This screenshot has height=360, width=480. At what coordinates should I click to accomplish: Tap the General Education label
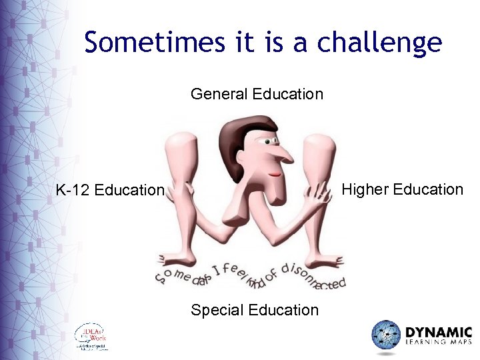pos(257,94)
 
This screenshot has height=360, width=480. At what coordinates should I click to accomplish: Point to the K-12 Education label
pos(110,191)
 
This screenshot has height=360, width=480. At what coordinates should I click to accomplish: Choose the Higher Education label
pos(402,189)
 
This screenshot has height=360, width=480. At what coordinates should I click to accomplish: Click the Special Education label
pos(255,310)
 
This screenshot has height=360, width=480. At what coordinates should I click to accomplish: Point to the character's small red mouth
pos(273,175)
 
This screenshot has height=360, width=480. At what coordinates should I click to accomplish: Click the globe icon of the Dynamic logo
pos(386,335)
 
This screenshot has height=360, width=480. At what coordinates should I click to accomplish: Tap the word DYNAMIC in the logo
pos(439,332)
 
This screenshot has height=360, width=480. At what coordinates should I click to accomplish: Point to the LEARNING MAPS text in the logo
pos(439,343)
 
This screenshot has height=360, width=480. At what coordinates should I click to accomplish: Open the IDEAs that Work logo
pos(91,337)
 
